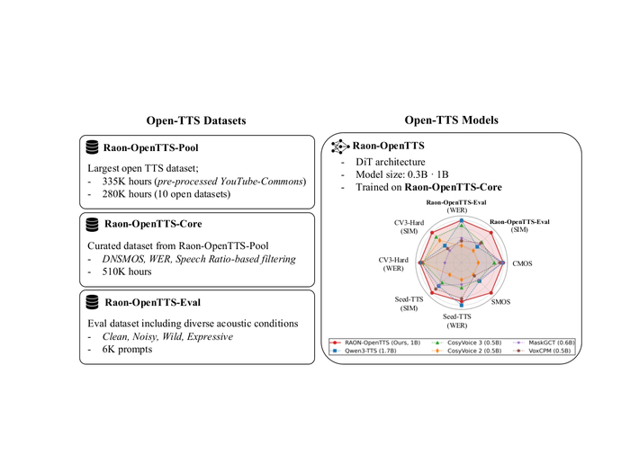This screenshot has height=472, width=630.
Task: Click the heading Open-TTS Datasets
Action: [196, 120]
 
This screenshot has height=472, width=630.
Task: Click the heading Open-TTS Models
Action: [451, 120]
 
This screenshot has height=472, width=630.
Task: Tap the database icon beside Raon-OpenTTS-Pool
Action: [92, 147]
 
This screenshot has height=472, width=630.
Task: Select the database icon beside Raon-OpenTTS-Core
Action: [92, 225]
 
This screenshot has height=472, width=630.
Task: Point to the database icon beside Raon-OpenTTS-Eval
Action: [92, 302]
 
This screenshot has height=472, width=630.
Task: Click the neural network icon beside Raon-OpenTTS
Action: [340, 147]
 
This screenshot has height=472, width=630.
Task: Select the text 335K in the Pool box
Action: [114, 182]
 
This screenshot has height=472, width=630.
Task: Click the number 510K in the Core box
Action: [114, 272]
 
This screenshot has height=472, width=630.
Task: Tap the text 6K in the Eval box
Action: [109, 349]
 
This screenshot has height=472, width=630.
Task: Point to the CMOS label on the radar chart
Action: [522, 263]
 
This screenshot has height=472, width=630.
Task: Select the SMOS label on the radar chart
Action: [500, 302]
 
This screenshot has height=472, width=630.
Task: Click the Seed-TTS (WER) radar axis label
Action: [457, 321]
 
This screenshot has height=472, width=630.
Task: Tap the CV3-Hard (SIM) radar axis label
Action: [409, 227]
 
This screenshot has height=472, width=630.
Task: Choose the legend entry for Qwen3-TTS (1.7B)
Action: [364, 351]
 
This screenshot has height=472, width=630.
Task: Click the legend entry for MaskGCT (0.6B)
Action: [544, 343]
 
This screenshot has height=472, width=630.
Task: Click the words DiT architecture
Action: [390, 162]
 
